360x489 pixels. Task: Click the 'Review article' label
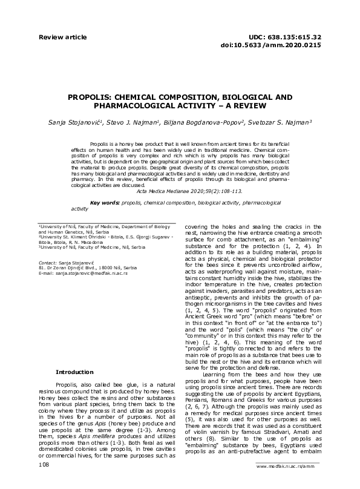(x=59, y=37)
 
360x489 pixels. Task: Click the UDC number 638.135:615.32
(x=293, y=37)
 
